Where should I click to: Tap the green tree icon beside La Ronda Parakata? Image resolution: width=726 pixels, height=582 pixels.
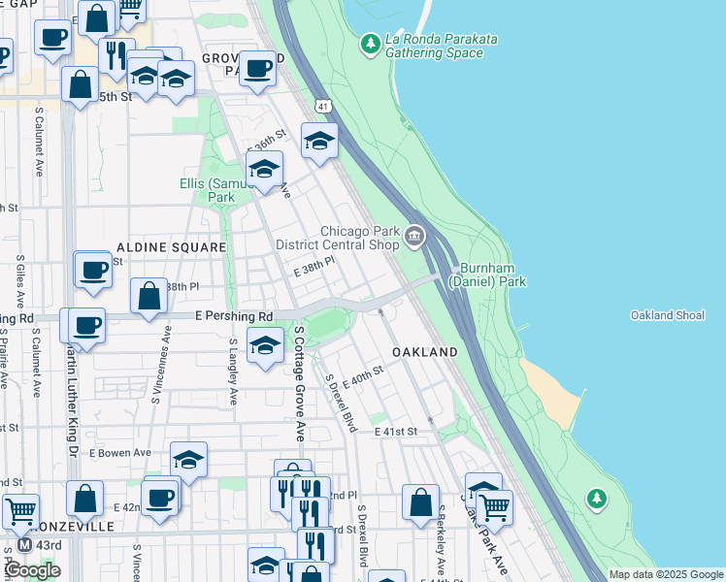[x=370, y=43]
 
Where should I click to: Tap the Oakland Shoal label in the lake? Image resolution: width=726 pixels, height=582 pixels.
[x=667, y=315]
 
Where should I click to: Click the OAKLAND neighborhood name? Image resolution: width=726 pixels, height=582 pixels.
[x=424, y=351]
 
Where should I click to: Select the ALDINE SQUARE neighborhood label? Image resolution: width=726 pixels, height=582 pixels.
[x=171, y=248]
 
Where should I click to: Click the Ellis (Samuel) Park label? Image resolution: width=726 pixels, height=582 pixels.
[x=220, y=190]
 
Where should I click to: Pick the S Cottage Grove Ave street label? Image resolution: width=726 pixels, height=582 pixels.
[x=299, y=383]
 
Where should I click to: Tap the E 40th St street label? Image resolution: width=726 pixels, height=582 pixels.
[x=363, y=378]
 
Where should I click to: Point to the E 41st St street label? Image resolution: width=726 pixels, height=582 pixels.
[x=395, y=431]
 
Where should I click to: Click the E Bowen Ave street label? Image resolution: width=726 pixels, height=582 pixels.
[x=120, y=452]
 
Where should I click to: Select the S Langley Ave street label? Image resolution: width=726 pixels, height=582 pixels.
[x=233, y=372]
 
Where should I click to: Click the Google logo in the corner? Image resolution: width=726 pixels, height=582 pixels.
[x=32, y=569]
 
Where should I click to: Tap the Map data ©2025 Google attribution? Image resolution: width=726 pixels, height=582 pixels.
[x=665, y=574]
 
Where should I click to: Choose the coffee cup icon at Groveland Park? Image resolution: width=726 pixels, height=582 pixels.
[x=257, y=69]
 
